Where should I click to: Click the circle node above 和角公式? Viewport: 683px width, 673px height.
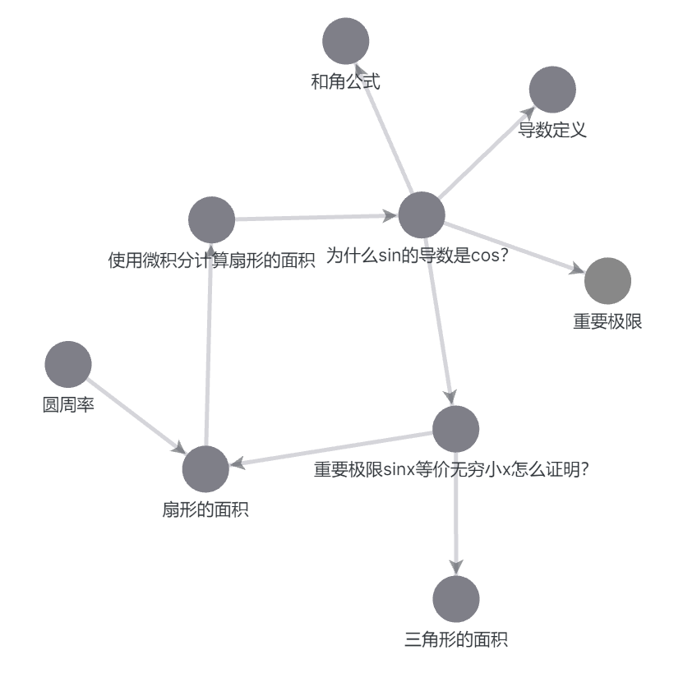(345, 41)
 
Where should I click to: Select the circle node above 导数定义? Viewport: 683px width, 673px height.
(552, 90)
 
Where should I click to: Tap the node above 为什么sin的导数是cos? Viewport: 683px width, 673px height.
(422, 215)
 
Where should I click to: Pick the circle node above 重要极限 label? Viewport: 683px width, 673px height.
(607, 281)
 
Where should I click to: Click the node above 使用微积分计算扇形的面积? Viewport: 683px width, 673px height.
(211, 220)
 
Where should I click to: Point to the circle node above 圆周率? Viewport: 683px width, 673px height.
(67, 364)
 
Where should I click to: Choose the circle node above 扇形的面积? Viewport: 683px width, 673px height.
(205, 469)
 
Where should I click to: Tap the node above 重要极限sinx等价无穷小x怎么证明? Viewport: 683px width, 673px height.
(455, 429)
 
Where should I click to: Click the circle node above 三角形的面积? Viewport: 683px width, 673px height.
(455, 599)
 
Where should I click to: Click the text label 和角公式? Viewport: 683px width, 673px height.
(345, 81)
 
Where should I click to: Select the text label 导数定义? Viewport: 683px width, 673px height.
(552, 130)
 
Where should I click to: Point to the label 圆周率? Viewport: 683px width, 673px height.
(67, 405)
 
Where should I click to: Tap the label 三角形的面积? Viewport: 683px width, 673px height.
(455, 639)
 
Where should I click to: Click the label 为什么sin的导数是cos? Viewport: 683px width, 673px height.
(417, 256)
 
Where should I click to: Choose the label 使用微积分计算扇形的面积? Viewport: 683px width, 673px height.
(212, 261)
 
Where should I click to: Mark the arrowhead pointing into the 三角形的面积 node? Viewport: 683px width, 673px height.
(455, 567)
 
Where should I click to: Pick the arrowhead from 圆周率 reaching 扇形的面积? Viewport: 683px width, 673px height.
(178, 449)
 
